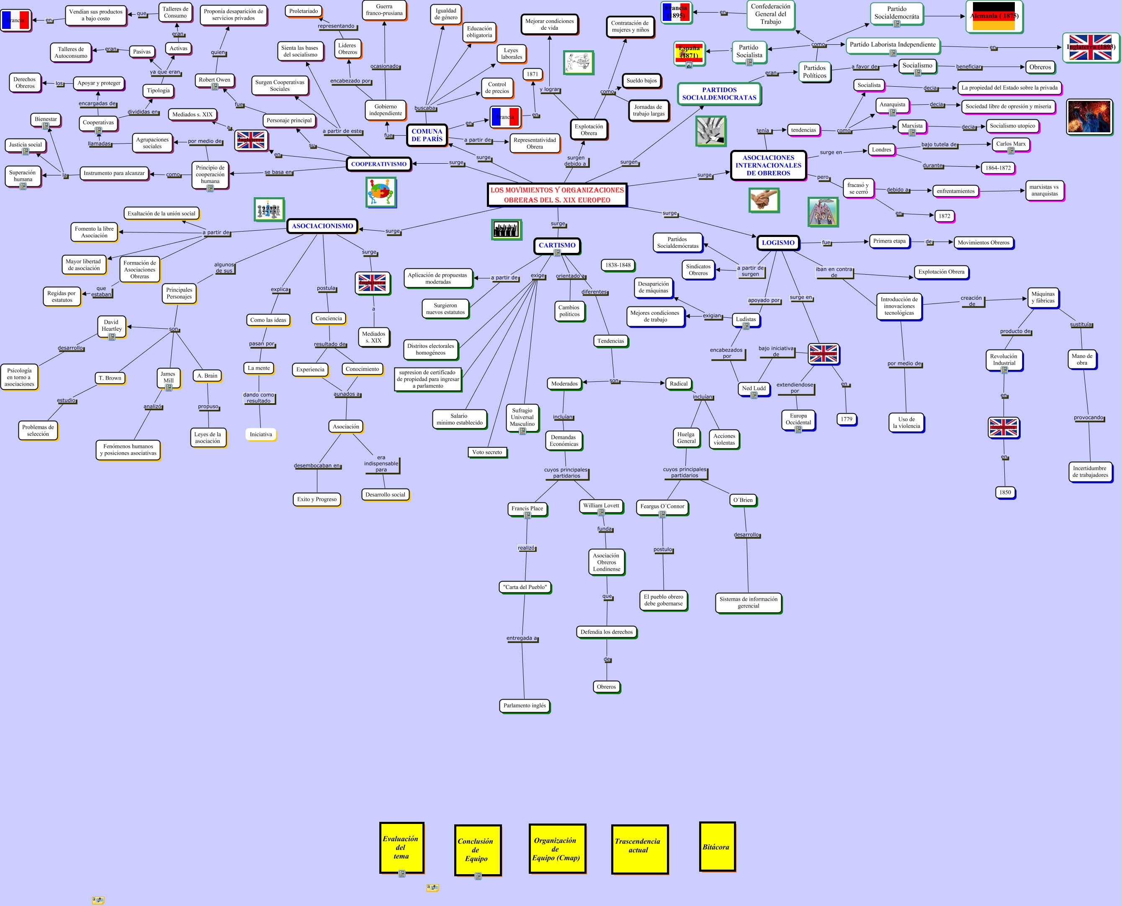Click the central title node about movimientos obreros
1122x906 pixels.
click(x=557, y=195)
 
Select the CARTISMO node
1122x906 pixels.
click(x=557, y=245)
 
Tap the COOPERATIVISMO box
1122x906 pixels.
click(x=378, y=164)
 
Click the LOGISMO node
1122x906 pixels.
click(x=777, y=243)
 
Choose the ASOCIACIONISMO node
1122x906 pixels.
click(x=322, y=226)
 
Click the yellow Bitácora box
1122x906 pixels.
click(x=717, y=847)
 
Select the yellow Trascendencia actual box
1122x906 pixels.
click(x=639, y=849)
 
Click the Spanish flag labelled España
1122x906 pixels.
click(x=689, y=53)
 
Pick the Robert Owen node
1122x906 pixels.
click(x=214, y=80)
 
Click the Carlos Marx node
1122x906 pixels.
click(x=1010, y=144)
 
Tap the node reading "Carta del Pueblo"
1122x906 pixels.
click(x=525, y=587)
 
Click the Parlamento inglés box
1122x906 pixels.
click(x=525, y=705)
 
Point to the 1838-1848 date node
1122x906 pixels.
click(x=618, y=265)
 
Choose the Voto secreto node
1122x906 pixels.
click(x=487, y=452)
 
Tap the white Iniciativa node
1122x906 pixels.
click(x=260, y=434)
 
